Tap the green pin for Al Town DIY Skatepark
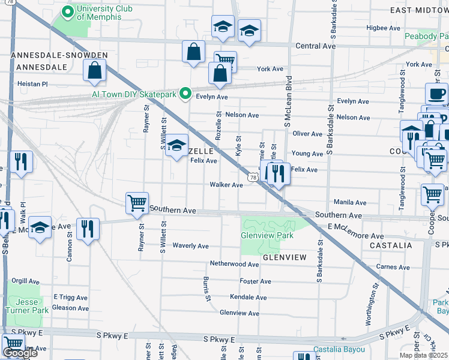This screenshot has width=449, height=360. [186, 94]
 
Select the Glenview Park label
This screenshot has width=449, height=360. [267, 236]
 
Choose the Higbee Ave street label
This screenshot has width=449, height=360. [382, 28]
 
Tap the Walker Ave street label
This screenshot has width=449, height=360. [226, 185]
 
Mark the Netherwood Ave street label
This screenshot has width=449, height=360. [234, 264]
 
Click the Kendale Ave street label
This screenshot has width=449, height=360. [248, 298]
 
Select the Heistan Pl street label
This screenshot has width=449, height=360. [32, 84]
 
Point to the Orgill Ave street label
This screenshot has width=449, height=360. [25, 280]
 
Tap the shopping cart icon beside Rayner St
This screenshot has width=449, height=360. [137, 203]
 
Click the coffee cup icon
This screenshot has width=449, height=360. [436, 94]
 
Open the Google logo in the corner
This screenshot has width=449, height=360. [19, 353]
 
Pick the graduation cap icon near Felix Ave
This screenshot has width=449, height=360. [176, 145]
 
